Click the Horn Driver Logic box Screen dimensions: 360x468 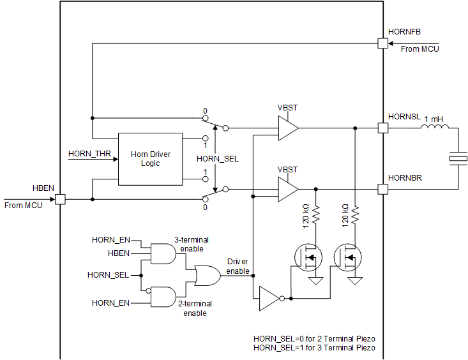coord(150,160)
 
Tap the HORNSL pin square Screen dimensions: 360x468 coord(383,128)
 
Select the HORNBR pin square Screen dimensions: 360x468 coord(383,189)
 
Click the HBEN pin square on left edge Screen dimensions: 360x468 coord(59,199)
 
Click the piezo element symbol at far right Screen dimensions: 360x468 coord(458,158)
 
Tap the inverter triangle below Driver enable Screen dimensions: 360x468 coord(269,297)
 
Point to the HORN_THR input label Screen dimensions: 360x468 coord(89,154)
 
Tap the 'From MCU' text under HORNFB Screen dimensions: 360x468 coord(419,49)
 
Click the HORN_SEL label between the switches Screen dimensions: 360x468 coord(217,158)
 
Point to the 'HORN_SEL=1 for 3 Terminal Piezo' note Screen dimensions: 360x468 coord(314,348)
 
